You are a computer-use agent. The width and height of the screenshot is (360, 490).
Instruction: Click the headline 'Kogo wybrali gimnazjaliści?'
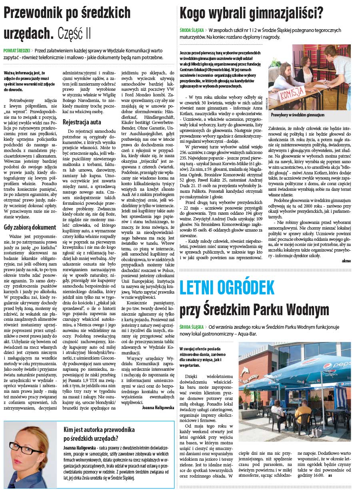tap(252, 13)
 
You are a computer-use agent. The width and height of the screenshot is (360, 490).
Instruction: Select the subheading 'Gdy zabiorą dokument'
tap(30, 227)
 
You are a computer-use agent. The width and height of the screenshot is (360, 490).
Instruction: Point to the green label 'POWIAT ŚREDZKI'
tap(17, 51)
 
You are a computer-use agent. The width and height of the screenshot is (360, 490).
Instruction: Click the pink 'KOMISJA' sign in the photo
tap(291, 95)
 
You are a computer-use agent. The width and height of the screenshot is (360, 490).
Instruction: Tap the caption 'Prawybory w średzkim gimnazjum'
tap(297, 115)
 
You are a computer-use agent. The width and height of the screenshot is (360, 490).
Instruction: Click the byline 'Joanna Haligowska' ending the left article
tap(158, 408)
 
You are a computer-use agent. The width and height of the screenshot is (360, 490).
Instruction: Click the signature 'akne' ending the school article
tap(346, 260)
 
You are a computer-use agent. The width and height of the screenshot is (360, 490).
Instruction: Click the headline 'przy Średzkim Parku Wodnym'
tap(254, 309)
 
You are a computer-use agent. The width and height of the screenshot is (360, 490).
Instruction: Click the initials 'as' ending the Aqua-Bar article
tap(330, 476)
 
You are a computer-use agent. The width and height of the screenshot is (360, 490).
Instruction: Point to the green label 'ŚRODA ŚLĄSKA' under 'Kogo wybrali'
tap(191, 30)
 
